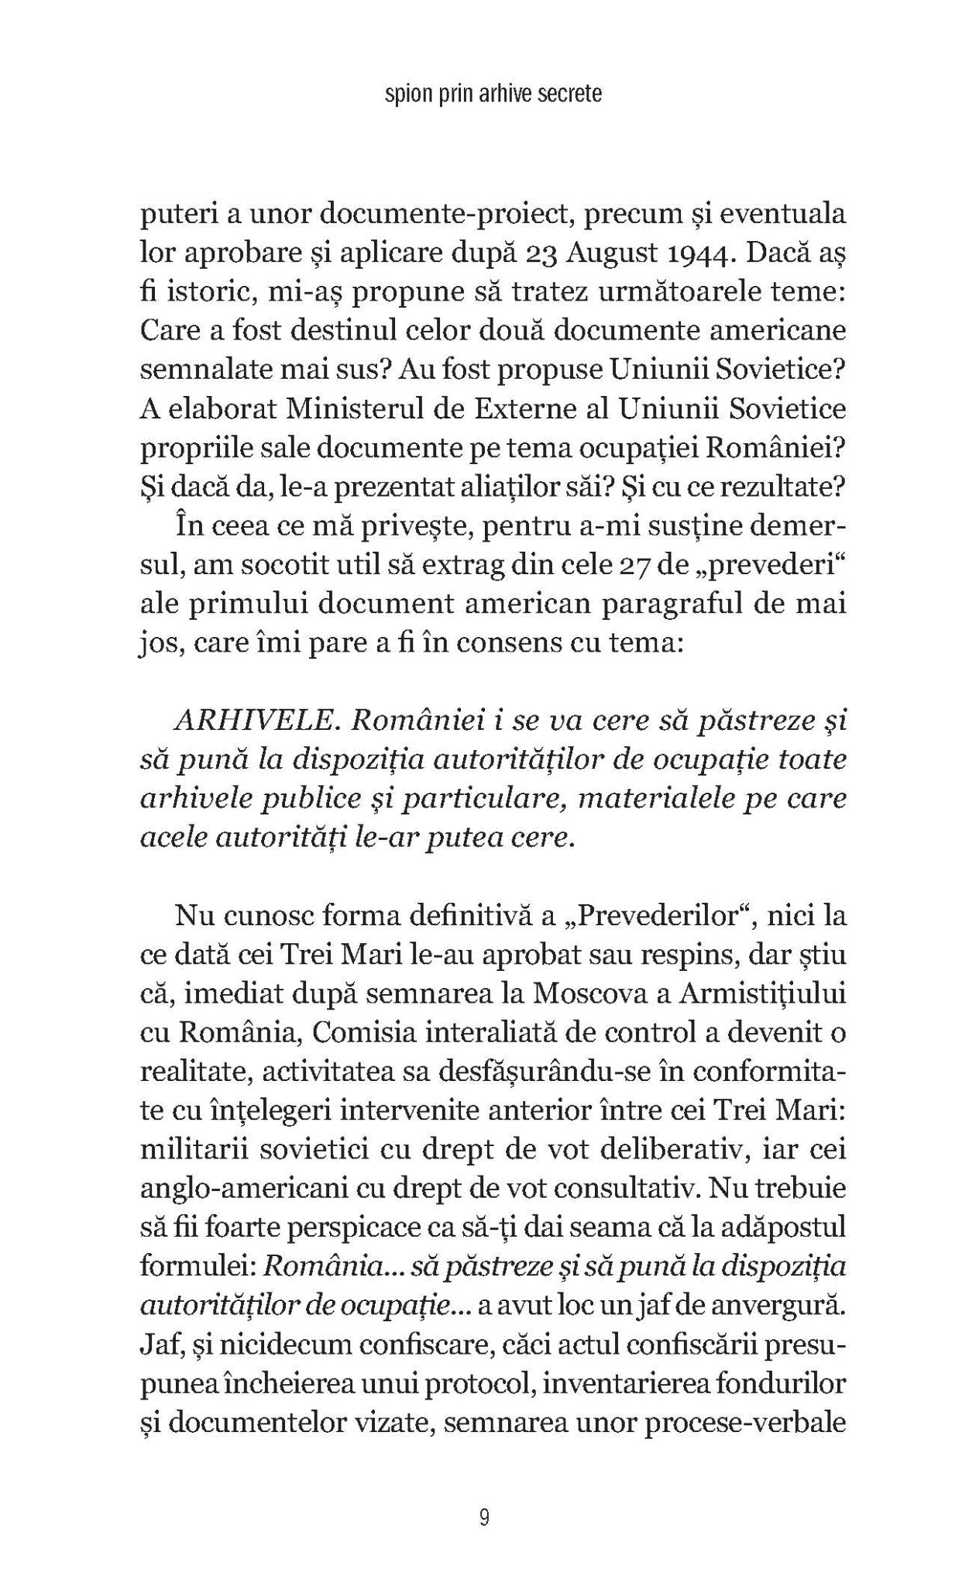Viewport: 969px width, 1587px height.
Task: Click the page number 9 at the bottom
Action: [484, 1517]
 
